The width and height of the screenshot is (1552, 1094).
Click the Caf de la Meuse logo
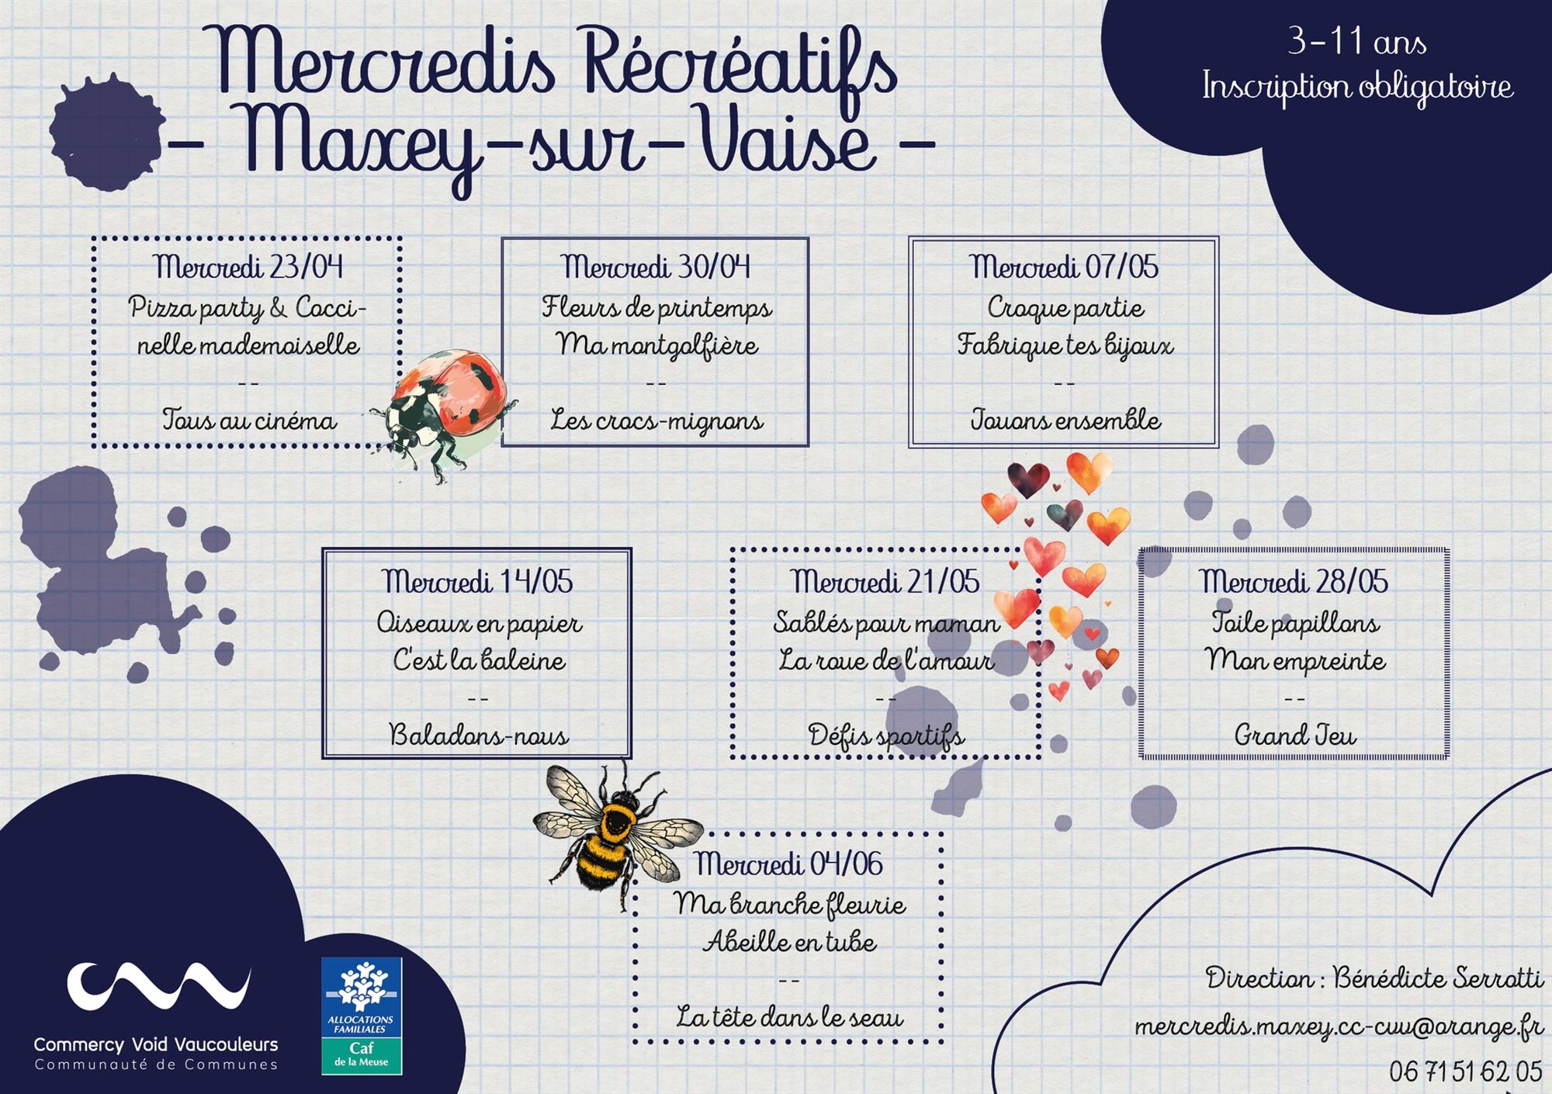point(362,1016)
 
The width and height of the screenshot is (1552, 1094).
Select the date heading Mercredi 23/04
point(248,267)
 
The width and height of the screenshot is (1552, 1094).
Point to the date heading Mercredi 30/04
point(656,267)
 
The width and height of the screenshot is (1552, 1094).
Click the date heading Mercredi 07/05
point(1064,267)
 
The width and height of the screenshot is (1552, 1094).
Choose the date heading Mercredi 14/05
point(477,581)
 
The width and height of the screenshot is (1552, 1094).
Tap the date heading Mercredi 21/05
point(885,581)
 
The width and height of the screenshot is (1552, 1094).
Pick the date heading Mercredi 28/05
point(1294,581)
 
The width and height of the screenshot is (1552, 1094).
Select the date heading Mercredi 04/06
point(788,864)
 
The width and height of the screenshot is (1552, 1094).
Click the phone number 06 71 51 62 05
point(1466,1071)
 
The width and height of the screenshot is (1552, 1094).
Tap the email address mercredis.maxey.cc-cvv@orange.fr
point(1339,1026)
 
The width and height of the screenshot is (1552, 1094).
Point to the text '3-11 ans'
point(1357,41)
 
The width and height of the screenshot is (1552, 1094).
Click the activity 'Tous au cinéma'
point(249,420)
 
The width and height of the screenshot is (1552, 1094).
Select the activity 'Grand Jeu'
point(1295,734)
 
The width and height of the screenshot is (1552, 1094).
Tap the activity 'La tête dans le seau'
point(790,1016)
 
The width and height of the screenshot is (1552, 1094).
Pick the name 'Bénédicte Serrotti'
point(1438,978)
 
